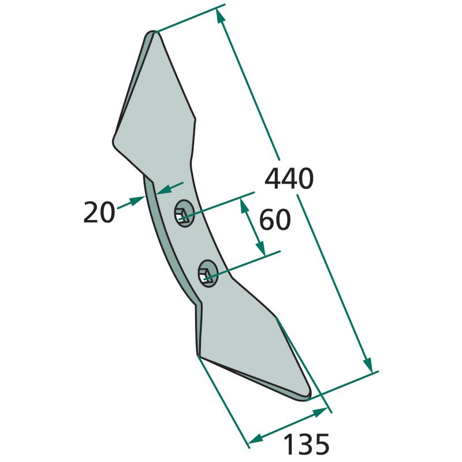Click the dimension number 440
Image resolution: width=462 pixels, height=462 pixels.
(x=289, y=178)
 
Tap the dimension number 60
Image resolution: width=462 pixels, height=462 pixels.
(x=275, y=220)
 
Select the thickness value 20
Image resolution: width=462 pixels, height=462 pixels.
(x=99, y=212)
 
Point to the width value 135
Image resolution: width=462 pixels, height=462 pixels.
(x=306, y=444)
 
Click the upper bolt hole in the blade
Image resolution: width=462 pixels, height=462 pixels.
(x=184, y=213)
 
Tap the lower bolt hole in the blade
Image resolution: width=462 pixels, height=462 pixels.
(x=208, y=273)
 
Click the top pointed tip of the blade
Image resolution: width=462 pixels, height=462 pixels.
(x=153, y=32)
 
